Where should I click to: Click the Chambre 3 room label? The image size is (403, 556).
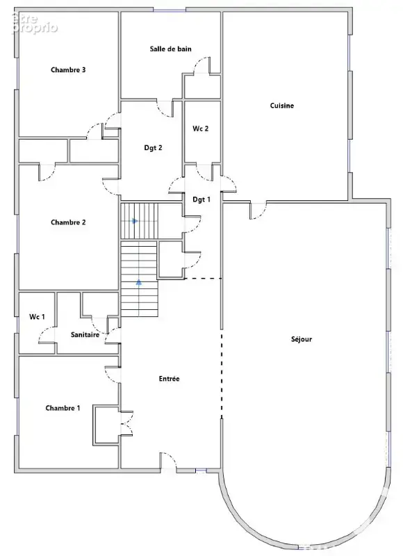coord(68,70)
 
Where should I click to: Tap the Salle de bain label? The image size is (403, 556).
coord(170,49)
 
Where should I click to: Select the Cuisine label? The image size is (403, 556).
coord(282,106)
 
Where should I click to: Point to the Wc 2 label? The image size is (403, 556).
coord(201,129)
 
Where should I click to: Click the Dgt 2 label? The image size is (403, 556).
coord(153,148)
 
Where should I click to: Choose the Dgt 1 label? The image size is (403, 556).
coord(201,199)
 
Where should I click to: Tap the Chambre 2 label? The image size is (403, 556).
coord(68,222)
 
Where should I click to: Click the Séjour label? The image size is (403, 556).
coord(302,339)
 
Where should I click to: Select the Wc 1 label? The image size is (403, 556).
coord(37,317)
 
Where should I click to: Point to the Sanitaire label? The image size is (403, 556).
coord(85,334)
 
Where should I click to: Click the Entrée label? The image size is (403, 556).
coord(169,379)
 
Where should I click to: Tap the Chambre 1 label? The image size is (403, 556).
coord(63,408)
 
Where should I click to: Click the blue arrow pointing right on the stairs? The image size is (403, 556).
coord(135,221)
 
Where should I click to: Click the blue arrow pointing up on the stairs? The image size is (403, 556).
coord(139,282)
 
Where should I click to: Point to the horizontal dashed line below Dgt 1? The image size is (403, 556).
coord(203,279)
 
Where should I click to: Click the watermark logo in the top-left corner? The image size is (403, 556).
coord(34,24)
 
